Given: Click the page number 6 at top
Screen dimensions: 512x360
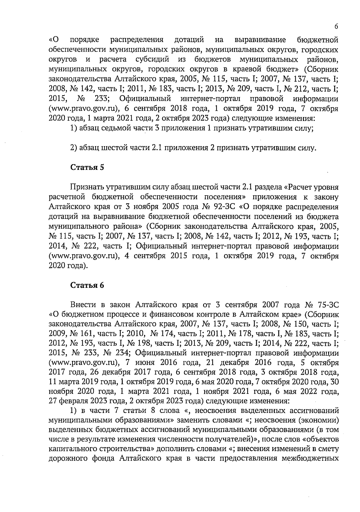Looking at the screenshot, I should click(336, 26).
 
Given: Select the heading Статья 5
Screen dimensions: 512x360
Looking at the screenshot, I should click(87, 167).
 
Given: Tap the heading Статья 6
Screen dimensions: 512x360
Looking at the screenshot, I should click(87, 285).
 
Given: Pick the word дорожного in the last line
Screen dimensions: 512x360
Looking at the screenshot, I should click(66, 459).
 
